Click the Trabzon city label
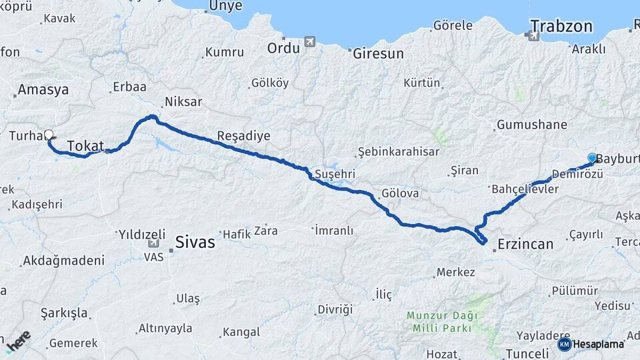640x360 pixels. [561, 27]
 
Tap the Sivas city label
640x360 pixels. [195, 241]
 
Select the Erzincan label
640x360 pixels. [525, 244]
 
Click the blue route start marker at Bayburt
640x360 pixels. [592, 158]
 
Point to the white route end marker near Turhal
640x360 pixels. [48, 135]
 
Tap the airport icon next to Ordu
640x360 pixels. [309, 42]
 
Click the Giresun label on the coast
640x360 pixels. [378, 53]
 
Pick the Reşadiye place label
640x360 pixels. [244, 136]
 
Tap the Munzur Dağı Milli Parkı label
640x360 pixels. [439, 321]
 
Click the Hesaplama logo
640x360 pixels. [591, 344]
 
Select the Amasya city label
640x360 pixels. [43, 89]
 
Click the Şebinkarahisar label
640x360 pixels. [399, 151]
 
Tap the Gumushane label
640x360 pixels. [531, 125]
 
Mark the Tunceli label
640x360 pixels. [527, 353]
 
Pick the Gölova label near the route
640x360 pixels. [400, 193]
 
